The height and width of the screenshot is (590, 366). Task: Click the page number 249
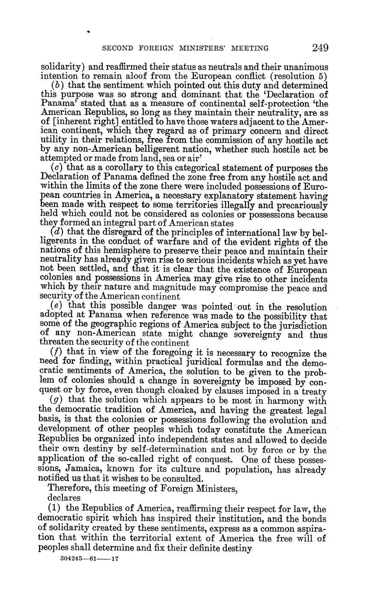tap(320, 48)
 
